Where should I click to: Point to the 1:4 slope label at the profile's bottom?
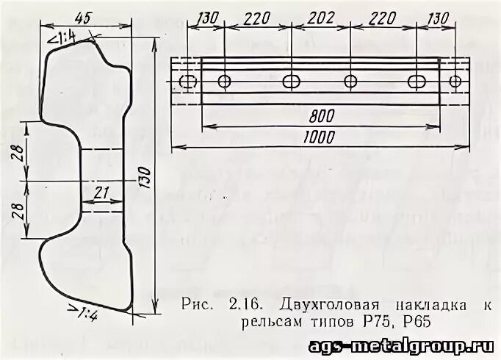click(x=86, y=314)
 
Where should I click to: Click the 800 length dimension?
click(x=321, y=115)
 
